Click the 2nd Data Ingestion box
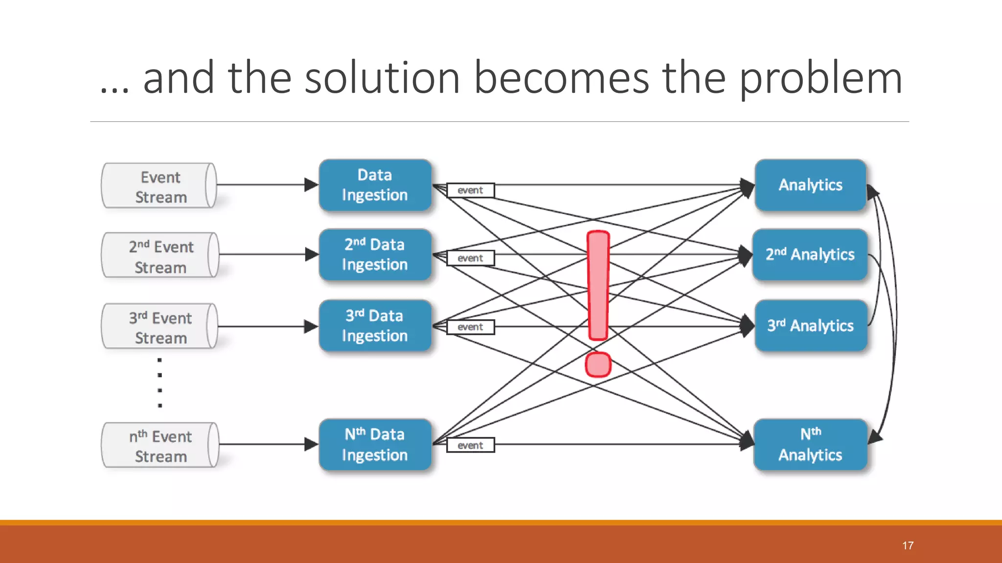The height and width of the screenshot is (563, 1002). (375, 255)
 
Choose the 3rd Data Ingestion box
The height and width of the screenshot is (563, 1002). (375, 325)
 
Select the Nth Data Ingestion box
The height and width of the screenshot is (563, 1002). (375, 445)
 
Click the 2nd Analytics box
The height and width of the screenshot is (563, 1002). (810, 255)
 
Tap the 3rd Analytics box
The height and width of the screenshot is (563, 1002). (810, 325)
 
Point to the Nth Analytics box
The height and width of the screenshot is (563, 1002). (810, 445)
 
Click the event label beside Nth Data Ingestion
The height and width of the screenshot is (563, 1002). (470, 445)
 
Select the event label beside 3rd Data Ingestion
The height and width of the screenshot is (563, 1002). (470, 327)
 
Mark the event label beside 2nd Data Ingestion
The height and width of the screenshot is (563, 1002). (470, 258)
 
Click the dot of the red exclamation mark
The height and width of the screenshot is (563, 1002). (598, 365)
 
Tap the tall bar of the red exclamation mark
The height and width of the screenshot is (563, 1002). (598, 285)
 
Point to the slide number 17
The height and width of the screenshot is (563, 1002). (908, 545)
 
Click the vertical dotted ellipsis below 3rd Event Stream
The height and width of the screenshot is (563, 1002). (159, 383)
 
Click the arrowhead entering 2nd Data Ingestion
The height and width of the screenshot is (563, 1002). (312, 255)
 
